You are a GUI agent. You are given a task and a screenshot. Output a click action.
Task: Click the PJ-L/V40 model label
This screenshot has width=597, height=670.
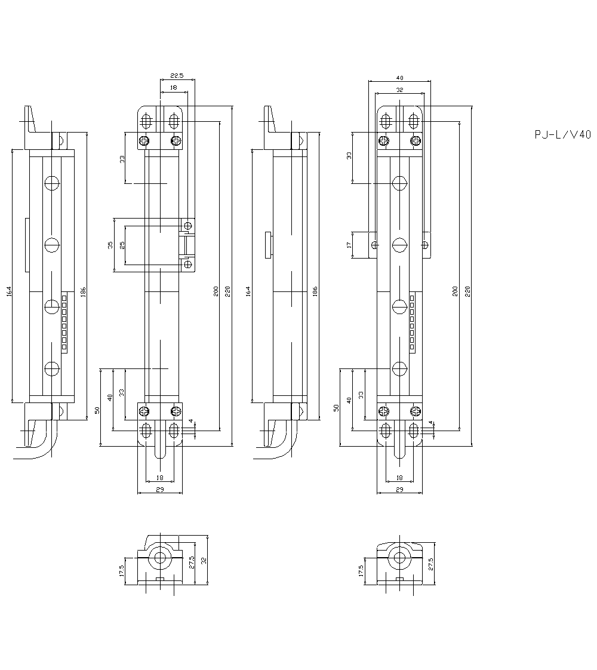562,135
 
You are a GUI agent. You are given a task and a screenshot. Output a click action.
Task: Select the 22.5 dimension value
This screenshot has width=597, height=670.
177,76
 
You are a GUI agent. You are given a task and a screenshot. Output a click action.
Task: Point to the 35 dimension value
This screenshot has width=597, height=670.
110,245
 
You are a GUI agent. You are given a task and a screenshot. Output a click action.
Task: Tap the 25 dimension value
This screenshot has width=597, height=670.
123,245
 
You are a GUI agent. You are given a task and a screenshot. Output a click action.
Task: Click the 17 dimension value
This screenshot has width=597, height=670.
349,245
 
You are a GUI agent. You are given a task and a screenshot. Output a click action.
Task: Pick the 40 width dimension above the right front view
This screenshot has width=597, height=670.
399,78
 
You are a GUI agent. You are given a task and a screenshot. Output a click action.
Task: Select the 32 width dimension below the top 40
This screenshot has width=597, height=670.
399,90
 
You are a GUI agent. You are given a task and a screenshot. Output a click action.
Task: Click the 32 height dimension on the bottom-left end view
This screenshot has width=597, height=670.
204,561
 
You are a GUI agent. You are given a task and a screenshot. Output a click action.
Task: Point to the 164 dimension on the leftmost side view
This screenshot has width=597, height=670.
9,291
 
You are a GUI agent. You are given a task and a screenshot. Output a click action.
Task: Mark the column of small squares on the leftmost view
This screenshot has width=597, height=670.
64,322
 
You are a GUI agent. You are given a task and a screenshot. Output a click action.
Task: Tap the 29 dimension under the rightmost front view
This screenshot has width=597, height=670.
399,490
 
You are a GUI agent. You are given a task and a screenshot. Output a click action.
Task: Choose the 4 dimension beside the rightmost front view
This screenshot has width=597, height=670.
430,423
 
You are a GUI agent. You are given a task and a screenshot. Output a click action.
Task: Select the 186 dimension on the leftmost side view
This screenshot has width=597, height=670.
84,291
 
